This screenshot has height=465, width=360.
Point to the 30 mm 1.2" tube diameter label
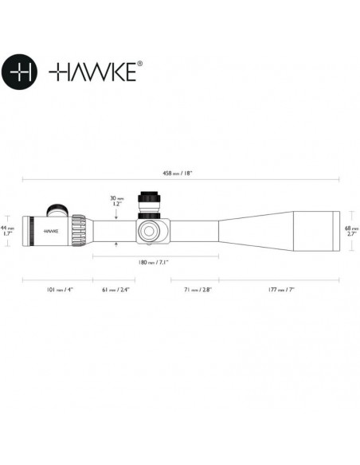point(117,202)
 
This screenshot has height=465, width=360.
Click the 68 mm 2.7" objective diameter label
point(350,231)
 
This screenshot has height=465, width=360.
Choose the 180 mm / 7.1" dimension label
point(155,262)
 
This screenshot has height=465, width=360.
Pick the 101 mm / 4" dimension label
point(57,291)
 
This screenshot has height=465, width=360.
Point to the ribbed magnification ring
point(79,230)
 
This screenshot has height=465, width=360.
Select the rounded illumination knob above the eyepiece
point(57,210)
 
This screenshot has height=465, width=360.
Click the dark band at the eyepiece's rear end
point(25,230)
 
